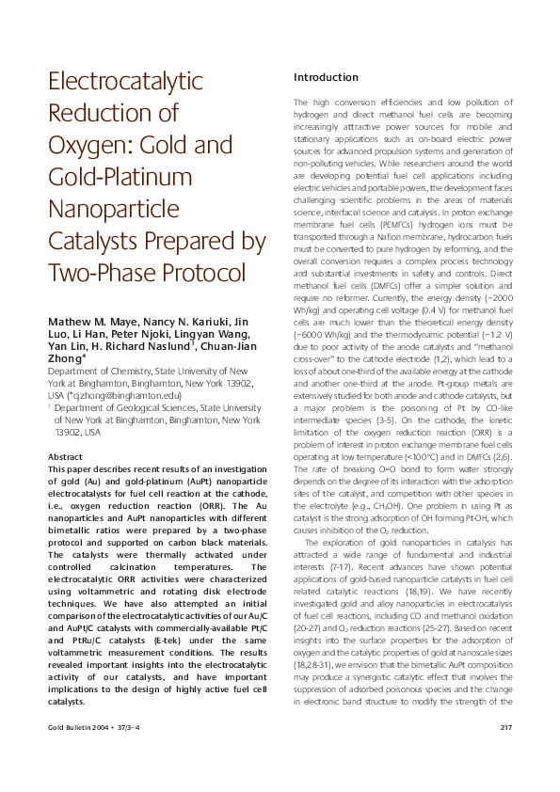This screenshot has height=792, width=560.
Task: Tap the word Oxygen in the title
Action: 82,146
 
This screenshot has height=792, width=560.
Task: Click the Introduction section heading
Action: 326,77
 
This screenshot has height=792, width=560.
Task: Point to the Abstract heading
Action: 65,430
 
